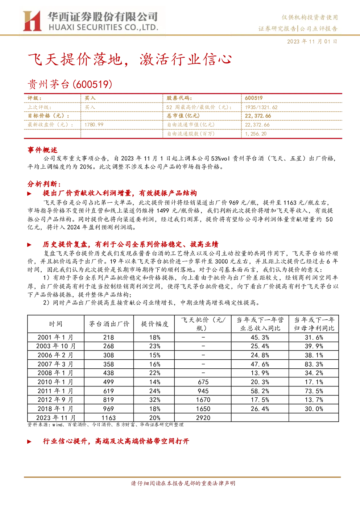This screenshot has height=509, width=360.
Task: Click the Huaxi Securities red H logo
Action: [x=32, y=21]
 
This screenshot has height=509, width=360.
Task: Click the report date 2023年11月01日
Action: [x=312, y=42]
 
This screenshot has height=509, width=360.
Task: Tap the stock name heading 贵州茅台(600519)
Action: [x=70, y=84]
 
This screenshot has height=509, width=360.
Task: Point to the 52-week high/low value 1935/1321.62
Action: [x=261, y=107]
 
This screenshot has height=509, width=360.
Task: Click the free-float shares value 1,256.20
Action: [x=256, y=134]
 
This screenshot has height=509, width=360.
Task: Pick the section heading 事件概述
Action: [x=42, y=150]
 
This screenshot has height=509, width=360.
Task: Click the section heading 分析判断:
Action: [x=44, y=184]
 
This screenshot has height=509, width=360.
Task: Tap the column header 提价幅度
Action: [x=154, y=324]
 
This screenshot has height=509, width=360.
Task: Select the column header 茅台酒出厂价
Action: [x=109, y=324]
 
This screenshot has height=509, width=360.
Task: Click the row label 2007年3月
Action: [x=55, y=364]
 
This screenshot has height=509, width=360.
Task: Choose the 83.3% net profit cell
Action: [x=314, y=364]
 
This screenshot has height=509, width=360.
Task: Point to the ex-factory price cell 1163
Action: [x=108, y=418]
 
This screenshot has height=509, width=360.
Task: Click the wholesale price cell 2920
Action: [x=203, y=418]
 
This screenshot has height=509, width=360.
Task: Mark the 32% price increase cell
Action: [x=155, y=400]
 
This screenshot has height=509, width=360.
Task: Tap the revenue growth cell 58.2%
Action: [x=260, y=391]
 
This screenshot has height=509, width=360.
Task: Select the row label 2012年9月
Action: [x=55, y=400]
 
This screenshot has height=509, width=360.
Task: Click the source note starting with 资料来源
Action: [x=105, y=425]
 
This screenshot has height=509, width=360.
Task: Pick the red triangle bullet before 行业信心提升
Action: [x=29, y=442]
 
